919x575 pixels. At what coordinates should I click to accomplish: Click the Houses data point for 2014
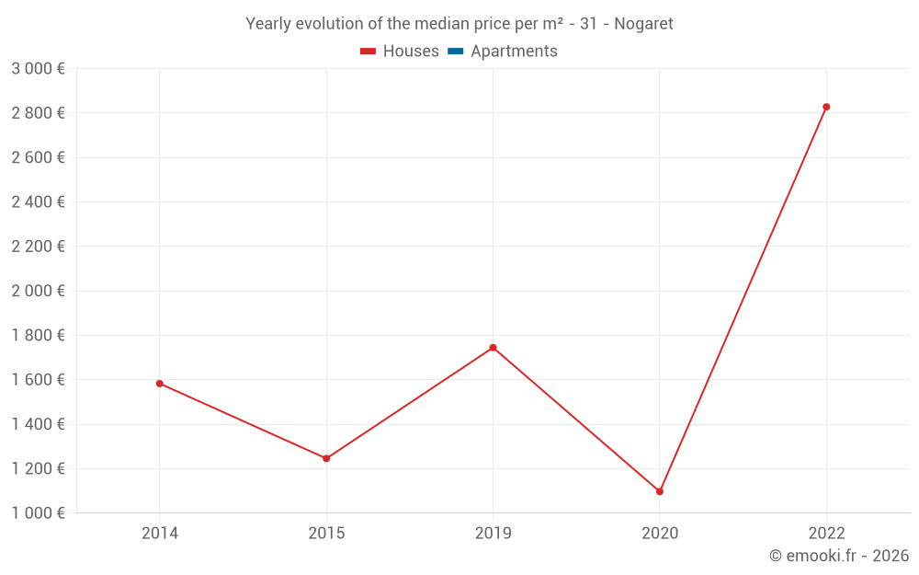click(x=160, y=384)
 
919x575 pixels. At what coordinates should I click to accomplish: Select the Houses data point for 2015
click(x=326, y=458)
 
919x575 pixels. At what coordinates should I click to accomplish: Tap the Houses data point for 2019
click(x=493, y=348)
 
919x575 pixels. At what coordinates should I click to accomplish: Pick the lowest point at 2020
click(x=660, y=491)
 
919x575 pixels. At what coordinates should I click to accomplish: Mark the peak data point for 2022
click(x=826, y=107)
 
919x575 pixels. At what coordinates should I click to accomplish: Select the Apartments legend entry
click(x=514, y=52)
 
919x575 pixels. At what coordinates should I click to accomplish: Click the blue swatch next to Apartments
click(x=456, y=52)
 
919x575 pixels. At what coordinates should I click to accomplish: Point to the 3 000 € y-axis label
click(x=38, y=69)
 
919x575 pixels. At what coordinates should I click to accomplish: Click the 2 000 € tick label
click(x=38, y=291)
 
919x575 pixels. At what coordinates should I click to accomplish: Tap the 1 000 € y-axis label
click(x=38, y=513)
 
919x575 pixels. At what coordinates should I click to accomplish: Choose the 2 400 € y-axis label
click(x=38, y=202)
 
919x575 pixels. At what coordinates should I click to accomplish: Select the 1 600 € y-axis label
click(x=38, y=380)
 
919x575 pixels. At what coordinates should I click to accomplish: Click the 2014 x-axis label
click(x=160, y=534)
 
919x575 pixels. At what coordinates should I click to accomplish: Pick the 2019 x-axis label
click(x=493, y=534)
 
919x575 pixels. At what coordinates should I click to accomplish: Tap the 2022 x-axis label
click(x=826, y=534)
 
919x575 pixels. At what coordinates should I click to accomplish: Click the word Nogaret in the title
click(x=642, y=24)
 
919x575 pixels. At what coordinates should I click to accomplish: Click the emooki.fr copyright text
click(x=839, y=556)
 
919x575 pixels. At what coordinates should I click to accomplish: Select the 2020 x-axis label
click(x=660, y=534)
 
